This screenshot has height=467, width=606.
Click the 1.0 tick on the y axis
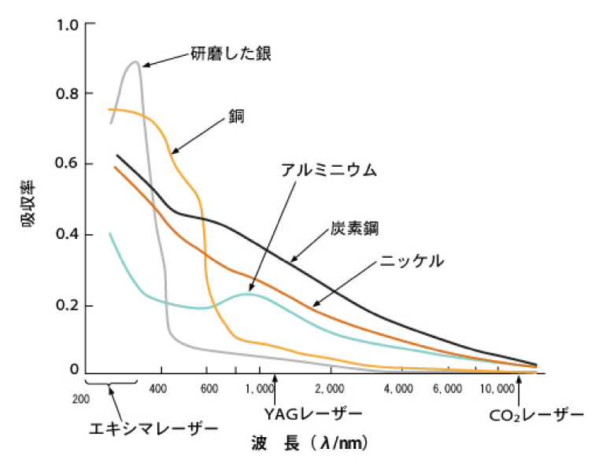68,24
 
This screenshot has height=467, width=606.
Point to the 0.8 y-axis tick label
68,94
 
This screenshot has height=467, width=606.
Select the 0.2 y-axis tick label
68,305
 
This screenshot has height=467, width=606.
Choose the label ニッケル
414,260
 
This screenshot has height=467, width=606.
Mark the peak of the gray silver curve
135,61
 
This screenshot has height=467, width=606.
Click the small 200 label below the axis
80,399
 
